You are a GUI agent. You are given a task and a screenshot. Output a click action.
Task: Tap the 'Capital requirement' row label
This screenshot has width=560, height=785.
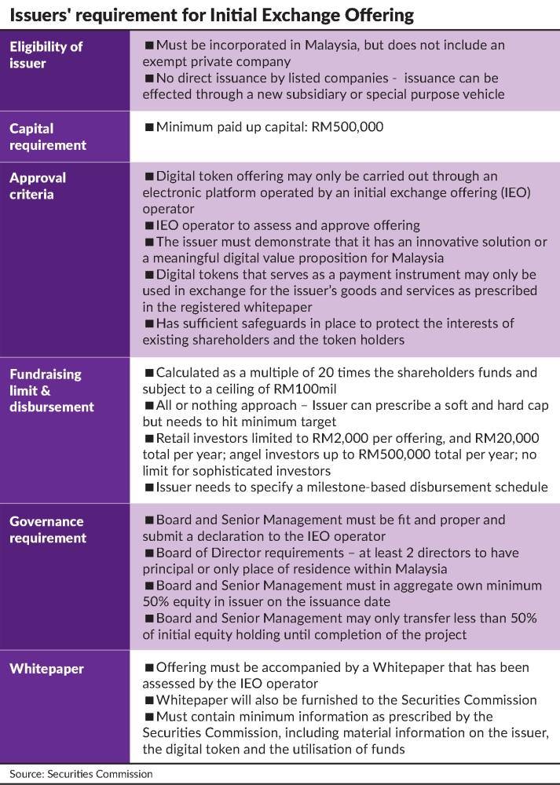tap(47, 137)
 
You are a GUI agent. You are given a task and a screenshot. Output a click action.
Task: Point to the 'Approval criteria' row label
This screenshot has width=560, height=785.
tap(38, 185)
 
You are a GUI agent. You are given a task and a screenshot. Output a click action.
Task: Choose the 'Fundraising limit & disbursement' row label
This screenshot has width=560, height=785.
tap(52, 390)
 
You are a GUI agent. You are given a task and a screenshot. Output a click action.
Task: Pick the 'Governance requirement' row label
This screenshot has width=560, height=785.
tap(47, 530)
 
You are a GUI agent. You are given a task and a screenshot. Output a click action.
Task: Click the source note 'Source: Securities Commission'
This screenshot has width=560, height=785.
tap(81, 774)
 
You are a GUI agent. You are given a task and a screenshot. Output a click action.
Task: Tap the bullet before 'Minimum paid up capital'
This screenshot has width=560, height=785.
tap(149, 128)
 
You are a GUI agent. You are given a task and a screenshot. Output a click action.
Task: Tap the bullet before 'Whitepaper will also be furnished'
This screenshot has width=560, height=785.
tap(149, 700)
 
